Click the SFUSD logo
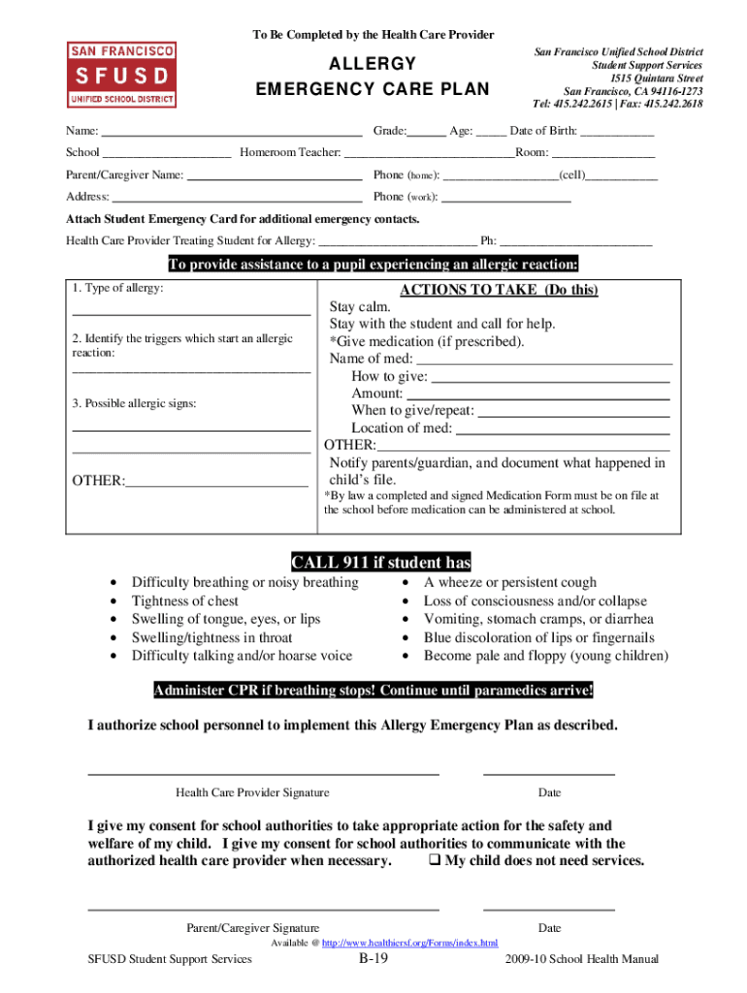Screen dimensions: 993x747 tap(121, 75)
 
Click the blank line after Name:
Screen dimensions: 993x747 tap(232, 131)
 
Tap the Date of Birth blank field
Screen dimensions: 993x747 tap(617, 131)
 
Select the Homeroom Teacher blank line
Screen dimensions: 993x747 tap(429, 153)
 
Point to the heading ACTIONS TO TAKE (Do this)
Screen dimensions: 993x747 tap(499, 290)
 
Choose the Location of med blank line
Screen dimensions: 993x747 tap(563, 428)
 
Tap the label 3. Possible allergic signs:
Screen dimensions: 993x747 tap(134, 402)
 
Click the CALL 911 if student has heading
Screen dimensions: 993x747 tap(381, 562)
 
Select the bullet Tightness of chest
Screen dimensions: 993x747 tap(185, 601)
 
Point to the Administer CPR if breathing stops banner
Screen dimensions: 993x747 tap(373, 690)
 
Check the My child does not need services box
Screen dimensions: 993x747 tap(435, 861)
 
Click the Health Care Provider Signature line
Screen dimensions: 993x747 tap(264, 774)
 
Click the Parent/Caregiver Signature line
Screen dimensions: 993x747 tap(264, 910)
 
